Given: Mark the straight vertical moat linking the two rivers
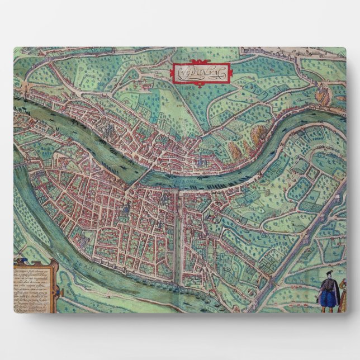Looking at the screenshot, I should tap(178, 235).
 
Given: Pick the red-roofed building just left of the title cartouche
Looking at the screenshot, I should tap(147, 84).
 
